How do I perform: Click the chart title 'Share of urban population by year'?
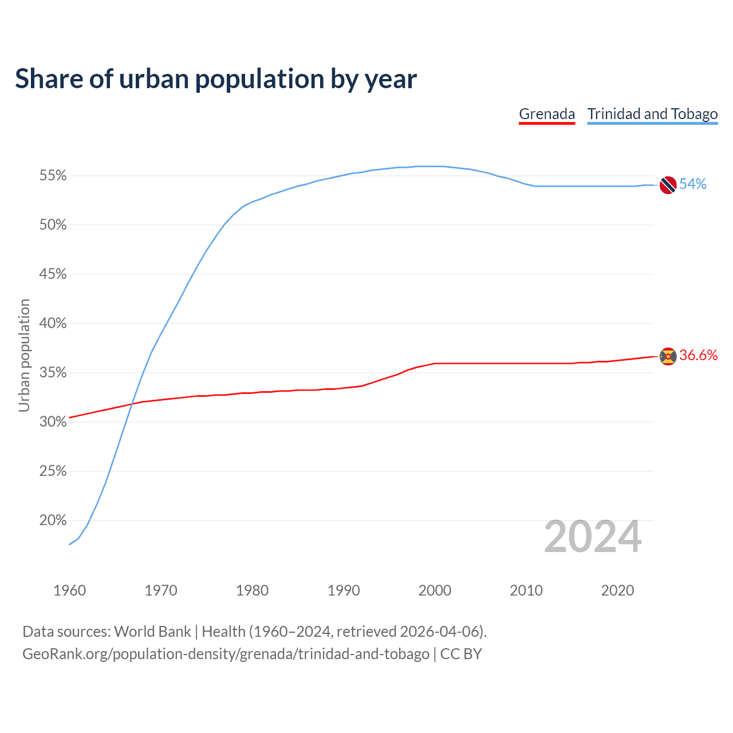coord(216,79)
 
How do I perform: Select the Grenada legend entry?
coord(547,114)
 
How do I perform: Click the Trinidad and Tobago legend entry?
coord(652,114)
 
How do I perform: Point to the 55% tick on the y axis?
coord(53,176)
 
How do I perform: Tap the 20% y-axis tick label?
coord(53,521)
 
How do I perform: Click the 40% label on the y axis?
coord(53,324)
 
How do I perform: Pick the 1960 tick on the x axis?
coord(69,590)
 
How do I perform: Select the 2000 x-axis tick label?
coord(435,590)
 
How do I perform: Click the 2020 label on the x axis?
coord(617,590)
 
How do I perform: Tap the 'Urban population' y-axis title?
coord(24,355)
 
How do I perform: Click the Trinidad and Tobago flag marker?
coord(668,185)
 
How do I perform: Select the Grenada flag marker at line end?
coord(668,356)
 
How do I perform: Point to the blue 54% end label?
coord(693,184)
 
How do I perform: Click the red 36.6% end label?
coord(699,355)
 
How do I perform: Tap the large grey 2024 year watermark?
coord(593,537)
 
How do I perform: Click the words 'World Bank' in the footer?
coord(152,632)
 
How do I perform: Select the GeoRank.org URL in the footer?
coord(226,654)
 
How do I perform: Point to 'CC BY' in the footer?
coord(461,654)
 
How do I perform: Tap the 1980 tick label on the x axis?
coord(252,590)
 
